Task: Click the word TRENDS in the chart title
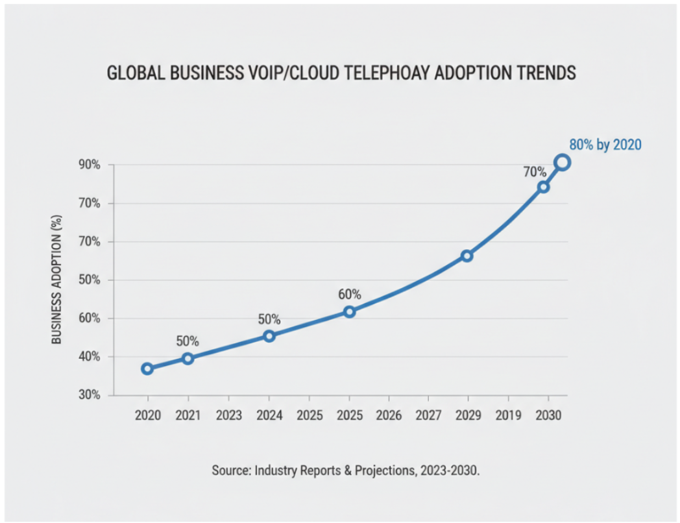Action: coord(543,73)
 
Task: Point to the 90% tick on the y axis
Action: coord(90,165)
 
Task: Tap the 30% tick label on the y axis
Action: coord(90,395)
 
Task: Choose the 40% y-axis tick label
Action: coord(90,357)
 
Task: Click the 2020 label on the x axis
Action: coord(147,414)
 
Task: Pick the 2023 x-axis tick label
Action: coord(228,414)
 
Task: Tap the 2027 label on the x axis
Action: coord(428,414)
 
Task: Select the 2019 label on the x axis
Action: coord(508,414)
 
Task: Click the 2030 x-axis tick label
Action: coord(548,414)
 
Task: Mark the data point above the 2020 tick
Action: coord(147,369)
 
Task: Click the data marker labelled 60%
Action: coord(349,312)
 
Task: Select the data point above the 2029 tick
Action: coord(467,256)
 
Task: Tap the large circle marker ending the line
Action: coord(562,163)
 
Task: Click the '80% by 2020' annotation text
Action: coord(605,145)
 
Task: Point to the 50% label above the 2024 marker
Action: coord(269,319)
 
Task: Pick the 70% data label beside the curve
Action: coord(535,172)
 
